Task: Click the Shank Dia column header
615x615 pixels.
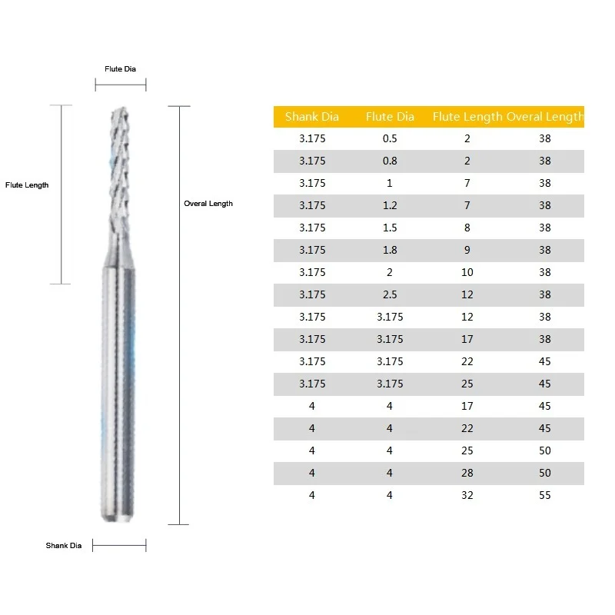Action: pyautogui.click(x=312, y=117)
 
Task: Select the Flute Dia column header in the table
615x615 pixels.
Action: pyautogui.click(x=390, y=117)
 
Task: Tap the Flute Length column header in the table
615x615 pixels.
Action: pyautogui.click(x=467, y=117)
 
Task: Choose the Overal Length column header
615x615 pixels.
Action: pyautogui.click(x=545, y=117)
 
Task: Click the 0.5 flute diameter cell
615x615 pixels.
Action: pyautogui.click(x=390, y=138)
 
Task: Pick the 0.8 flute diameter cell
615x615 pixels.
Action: pyautogui.click(x=390, y=161)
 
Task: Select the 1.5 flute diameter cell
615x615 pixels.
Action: pyautogui.click(x=390, y=228)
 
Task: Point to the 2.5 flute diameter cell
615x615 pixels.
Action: pyautogui.click(x=390, y=294)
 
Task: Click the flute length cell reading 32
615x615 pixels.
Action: pyautogui.click(x=467, y=495)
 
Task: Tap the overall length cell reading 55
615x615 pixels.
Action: pyautogui.click(x=545, y=495)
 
